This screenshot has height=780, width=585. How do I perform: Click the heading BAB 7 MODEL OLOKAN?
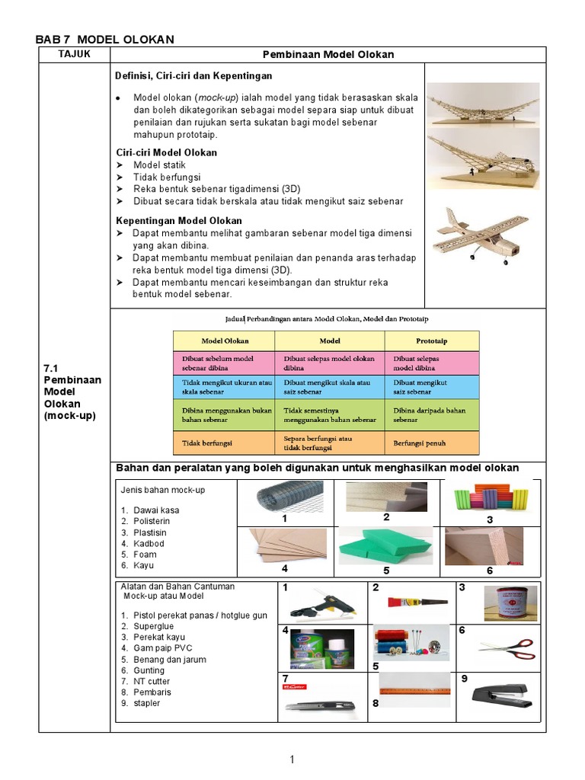pyautogui.click(x=106, y=39)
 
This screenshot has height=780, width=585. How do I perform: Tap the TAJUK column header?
pyautogui.click(x=74, y=54)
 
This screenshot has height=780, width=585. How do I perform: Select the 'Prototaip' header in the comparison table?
pyautogui.click(x=431, y=340)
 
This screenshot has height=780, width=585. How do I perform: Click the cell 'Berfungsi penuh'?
pyautogui.click(x=420, y=443)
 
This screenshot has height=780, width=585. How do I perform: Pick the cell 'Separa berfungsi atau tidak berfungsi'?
pyautogui.click(x=329, y=443)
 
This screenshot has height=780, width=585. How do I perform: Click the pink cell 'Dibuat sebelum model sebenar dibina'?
pyautogui.click(x=223, y=362)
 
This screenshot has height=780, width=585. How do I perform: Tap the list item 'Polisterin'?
pyautogui.click(x=149, y=521)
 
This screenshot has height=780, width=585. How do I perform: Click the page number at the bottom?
pyautogui.click(x=291, y=759)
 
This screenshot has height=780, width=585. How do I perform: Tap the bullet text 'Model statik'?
pyautogui.click(x=159, y=165)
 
